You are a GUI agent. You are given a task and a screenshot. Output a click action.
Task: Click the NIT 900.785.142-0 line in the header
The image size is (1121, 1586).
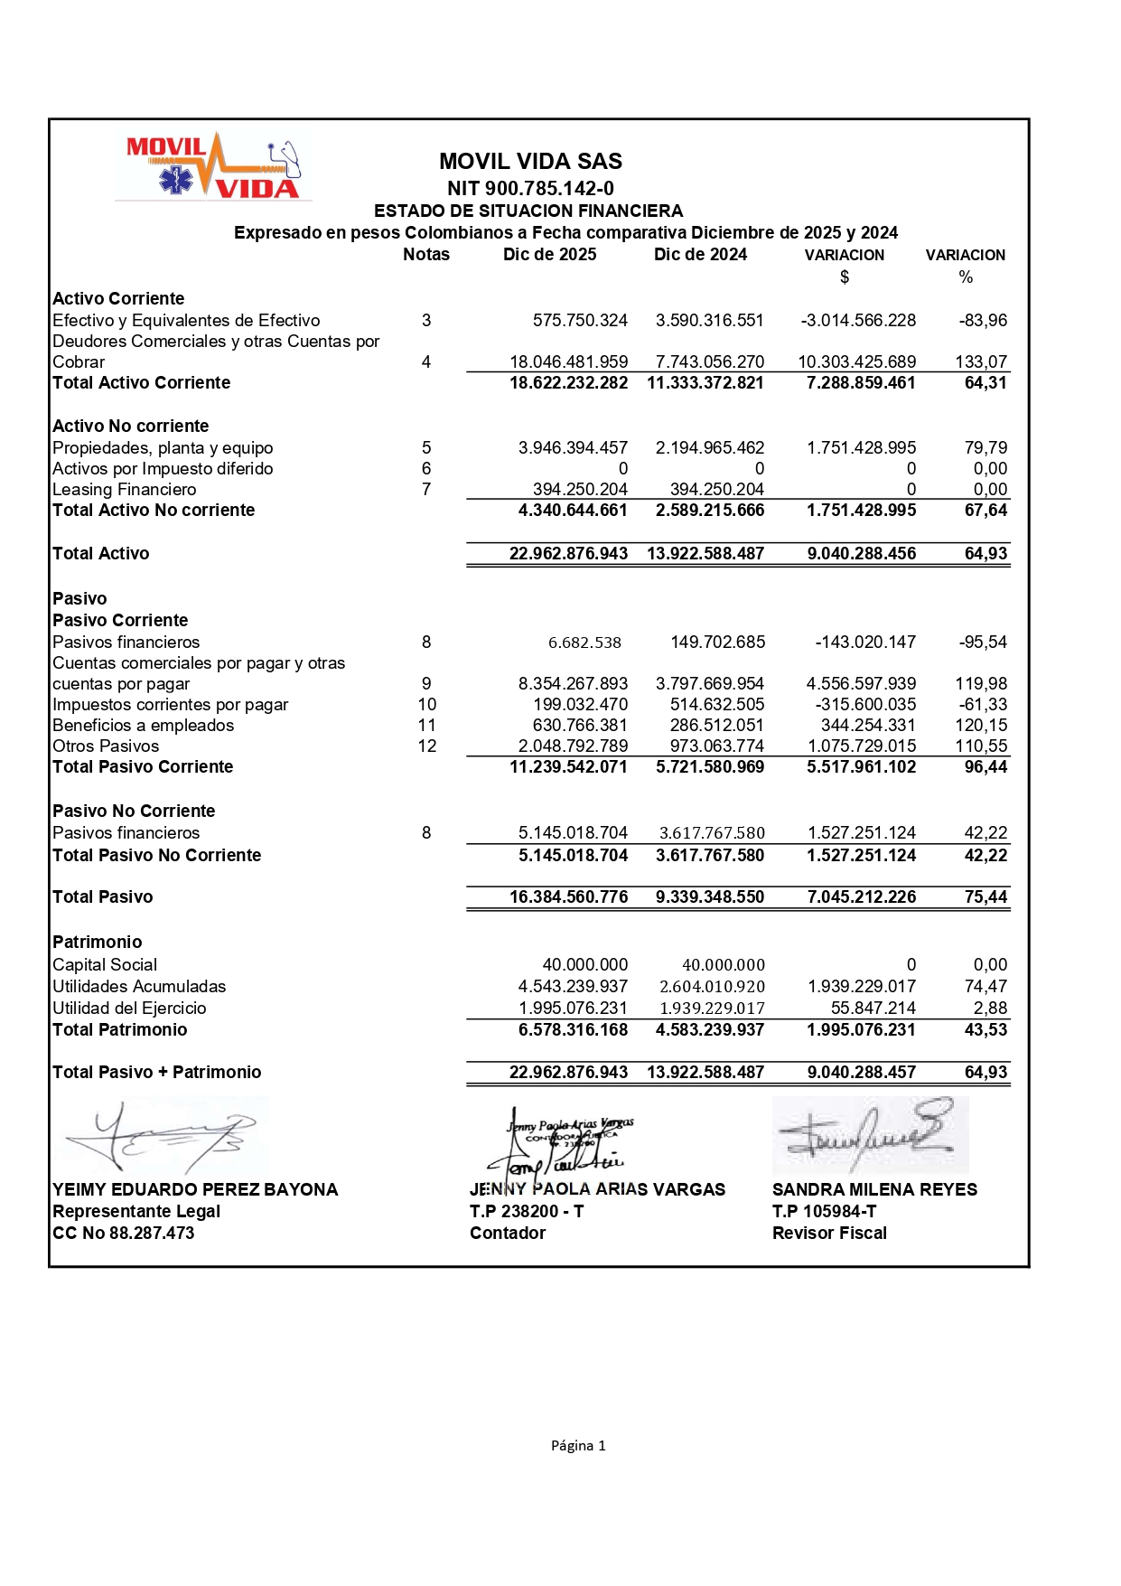pos(530,188)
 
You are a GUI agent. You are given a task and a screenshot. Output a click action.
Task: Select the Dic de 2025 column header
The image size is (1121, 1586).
pos(549,255)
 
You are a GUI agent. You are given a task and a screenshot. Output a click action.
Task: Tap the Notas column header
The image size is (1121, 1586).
pos(426,255)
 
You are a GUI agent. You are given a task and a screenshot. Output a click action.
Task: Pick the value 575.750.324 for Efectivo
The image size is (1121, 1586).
pos(580,321)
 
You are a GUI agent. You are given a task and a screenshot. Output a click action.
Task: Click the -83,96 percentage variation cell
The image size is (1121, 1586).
pos(983,321)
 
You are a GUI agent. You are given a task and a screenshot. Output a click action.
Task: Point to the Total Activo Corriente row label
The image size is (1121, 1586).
pos(142,383)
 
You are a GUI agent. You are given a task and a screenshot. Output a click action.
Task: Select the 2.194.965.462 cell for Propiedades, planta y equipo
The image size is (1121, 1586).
pos(710,448)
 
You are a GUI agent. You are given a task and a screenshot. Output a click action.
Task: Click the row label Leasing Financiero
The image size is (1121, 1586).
pos(125,490)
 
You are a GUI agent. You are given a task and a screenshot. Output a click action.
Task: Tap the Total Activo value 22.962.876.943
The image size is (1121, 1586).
pos(568,554)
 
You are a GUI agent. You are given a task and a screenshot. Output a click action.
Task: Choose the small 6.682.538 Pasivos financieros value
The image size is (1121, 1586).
pos(584,643)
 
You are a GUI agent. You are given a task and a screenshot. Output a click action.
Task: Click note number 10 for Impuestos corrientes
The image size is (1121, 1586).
pos(426,705)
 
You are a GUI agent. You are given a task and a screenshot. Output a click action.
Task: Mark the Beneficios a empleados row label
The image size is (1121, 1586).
pos(144,726)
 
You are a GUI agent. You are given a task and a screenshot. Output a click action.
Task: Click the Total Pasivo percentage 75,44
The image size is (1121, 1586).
pos(986,897)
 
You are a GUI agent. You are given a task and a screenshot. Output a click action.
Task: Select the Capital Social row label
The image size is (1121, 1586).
pos(105,965)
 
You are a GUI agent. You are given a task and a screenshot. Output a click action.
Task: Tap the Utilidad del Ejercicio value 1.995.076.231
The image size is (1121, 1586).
pos(573,1009)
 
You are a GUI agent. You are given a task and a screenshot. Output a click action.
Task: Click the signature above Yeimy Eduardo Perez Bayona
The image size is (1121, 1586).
pos(163,1136)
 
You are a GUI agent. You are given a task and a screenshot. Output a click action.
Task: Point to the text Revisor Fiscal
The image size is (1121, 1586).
pos(829,1234)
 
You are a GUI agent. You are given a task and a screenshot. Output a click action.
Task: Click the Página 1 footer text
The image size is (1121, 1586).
pos(578,1446)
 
